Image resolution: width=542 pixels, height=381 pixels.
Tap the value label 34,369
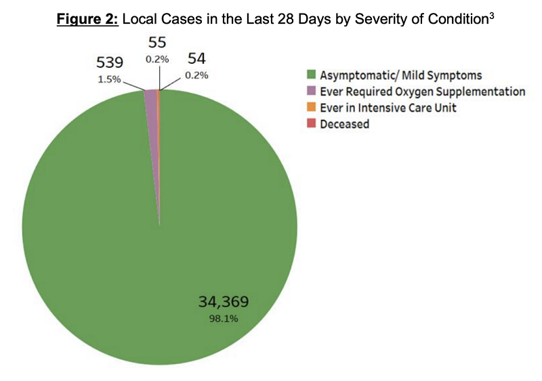click(x=228, y=301)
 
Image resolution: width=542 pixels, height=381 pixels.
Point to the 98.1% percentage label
click(x=228, y=317)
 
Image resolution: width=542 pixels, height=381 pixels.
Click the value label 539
click(x=110, y=62)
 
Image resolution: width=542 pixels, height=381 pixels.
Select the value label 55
click(x=157, y=43)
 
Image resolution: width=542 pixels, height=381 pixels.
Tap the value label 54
click(x=196, y=60)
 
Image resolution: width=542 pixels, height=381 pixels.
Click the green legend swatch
click(x=312, y=74)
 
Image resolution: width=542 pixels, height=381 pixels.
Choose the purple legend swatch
click(x=312, y=91)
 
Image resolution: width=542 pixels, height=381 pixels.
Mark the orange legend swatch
click(x=312, y=107)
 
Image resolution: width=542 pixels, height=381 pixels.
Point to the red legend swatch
click(x=312, y=123)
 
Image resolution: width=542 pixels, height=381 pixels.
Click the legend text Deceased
click(x=345, y=124)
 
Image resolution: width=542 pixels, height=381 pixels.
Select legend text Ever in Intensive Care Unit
click(x=388, y=107)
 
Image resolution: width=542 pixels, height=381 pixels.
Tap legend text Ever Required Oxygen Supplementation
click(x=422, y=91)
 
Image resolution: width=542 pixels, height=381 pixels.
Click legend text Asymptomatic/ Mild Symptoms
click(x=401, y=74)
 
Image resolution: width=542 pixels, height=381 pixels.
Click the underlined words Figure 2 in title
click(x=87, y=18)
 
